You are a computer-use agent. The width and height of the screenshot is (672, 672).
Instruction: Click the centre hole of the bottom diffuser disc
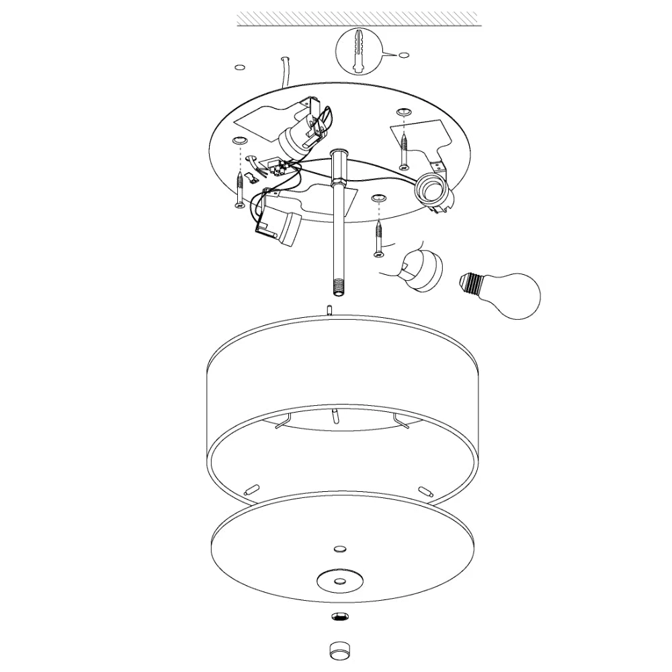[339, 579]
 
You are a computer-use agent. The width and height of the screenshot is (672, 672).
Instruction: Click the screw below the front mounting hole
[379, 239]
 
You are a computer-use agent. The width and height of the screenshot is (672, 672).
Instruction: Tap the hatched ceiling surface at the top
[359, 19]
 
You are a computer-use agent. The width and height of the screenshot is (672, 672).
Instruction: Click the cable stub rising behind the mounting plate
[285, 71]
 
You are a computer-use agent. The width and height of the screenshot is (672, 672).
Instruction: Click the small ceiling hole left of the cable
[239, 67]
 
